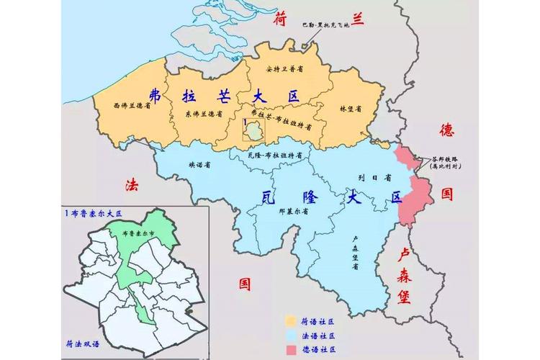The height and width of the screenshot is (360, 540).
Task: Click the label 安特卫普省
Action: [284, 69]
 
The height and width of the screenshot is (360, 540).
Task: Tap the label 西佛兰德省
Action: [132, 104]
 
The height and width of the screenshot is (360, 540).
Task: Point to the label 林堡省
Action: [350, 108]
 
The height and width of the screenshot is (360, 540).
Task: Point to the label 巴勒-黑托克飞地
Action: [325, 24]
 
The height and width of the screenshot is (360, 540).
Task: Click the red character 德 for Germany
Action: [447, 130]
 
